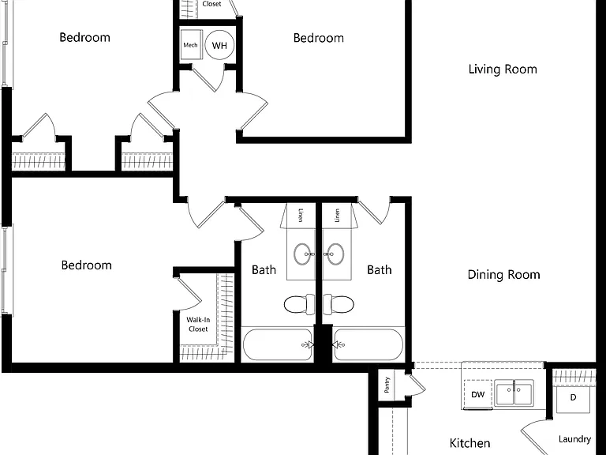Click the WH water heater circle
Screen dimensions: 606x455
[219, 45]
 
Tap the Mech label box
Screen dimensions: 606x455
[191, 44]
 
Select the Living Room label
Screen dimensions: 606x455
[503, 70]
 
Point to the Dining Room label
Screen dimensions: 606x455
[503, 275]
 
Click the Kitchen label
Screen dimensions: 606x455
[469, 443]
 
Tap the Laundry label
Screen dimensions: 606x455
[574, 439]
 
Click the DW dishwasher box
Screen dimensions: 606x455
[478, 394]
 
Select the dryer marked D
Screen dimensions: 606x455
[573, 398]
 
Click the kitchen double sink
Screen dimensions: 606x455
[514, 393]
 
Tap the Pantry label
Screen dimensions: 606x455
[387, 385]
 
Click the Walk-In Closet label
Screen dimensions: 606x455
[198, 324]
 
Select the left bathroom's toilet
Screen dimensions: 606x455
[300, 304]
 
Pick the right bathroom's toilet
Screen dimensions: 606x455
[339, 304]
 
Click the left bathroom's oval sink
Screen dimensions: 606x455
[303, 254]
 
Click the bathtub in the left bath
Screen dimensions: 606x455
[278, 344]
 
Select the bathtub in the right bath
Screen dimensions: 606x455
[368, 344]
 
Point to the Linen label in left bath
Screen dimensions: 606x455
[301, 215]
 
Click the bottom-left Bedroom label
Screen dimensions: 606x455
[87, 265]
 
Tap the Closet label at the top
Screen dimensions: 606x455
[211, 4]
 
